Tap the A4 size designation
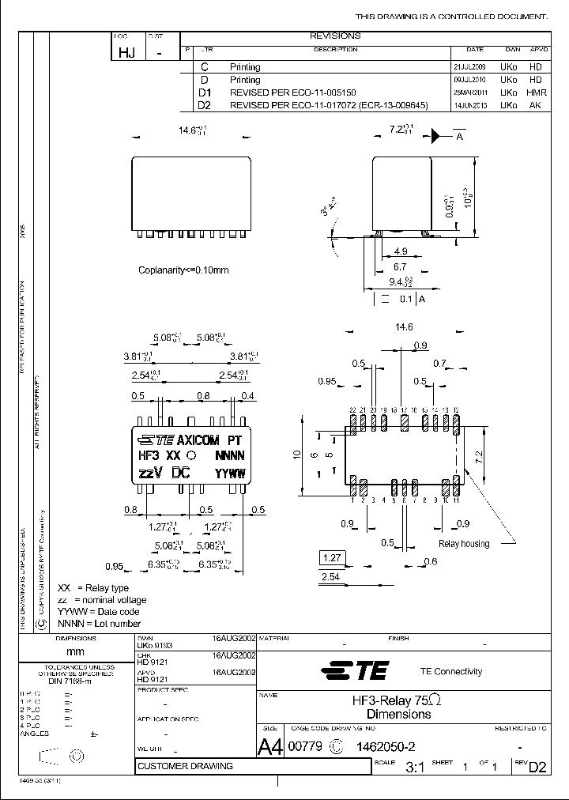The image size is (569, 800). click(269, 745)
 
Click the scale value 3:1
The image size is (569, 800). click(415, 767)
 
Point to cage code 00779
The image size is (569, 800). click(307, 745)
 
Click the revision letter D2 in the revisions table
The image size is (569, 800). click(205, 104)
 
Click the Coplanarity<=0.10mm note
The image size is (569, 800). click(183, 270)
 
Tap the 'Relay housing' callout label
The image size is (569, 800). click(464, 543)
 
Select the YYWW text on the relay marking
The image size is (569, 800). click(231, 474)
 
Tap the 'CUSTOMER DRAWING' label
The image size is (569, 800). click(186, 766)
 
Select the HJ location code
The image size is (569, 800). click(125, 52)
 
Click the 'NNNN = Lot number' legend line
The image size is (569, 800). click(99, 624)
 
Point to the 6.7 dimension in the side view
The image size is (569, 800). click(400, 267)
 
